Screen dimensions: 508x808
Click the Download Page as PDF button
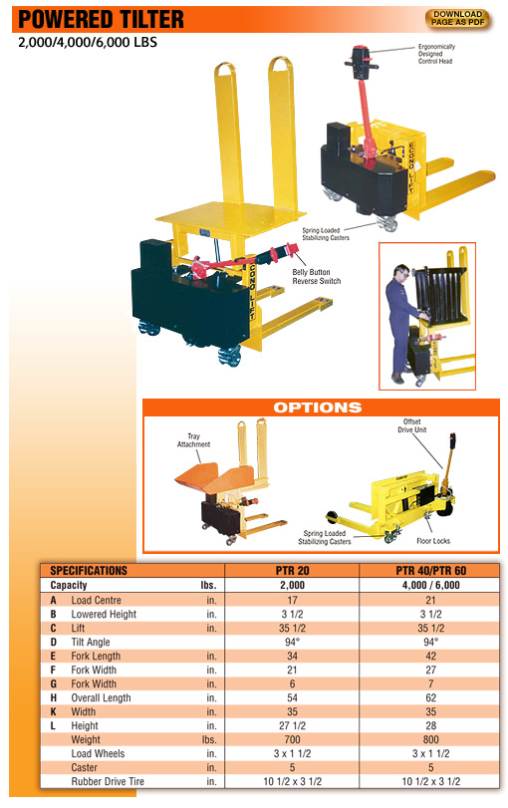click(x=457, y=19)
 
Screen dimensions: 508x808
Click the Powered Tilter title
click(x=101, y=20)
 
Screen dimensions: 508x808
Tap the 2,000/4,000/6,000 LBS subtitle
click(x=88, y=42)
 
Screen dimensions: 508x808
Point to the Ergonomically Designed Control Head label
click(x=436, y=54)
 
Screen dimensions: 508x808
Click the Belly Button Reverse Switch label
click(x=317, y=277)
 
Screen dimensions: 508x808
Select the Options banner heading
click(x=318, y=407)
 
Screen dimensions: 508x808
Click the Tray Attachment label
click(x=193, y=440)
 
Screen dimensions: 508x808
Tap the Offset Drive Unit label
click(x=411, y=425)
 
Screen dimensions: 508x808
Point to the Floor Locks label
click(x=433, y=541)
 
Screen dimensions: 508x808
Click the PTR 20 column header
click(x=292, y=571)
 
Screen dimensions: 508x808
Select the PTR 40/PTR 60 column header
click(x=430, y=571)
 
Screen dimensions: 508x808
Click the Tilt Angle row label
click(x=91, y=642)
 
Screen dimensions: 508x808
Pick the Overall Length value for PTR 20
click(x=292, y=697)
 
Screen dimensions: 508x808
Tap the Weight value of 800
click(x=430, y=739)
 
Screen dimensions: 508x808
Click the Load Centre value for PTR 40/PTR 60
click(x=430, y=601)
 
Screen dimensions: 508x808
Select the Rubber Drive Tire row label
click(x=108, y=781)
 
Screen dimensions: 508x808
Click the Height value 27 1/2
click(x=292, y=725)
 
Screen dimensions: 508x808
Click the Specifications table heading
click(x=89, y=571)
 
